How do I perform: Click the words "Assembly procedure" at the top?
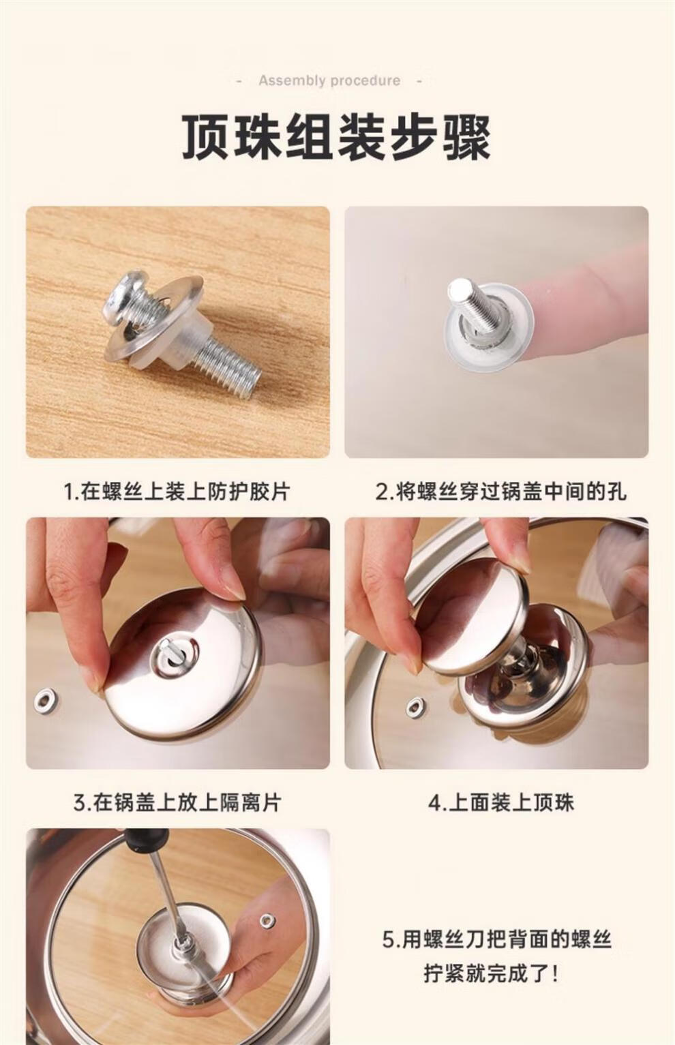coord(329,80)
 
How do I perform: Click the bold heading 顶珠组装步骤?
coord(336,137)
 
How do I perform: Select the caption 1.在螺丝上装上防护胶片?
coord(177,491)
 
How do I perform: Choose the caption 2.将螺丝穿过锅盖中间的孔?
coord(501,491)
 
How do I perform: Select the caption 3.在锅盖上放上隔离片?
coord(177,802)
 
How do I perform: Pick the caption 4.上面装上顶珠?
coord(501,802)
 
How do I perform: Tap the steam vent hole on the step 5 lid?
coord(267,920)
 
